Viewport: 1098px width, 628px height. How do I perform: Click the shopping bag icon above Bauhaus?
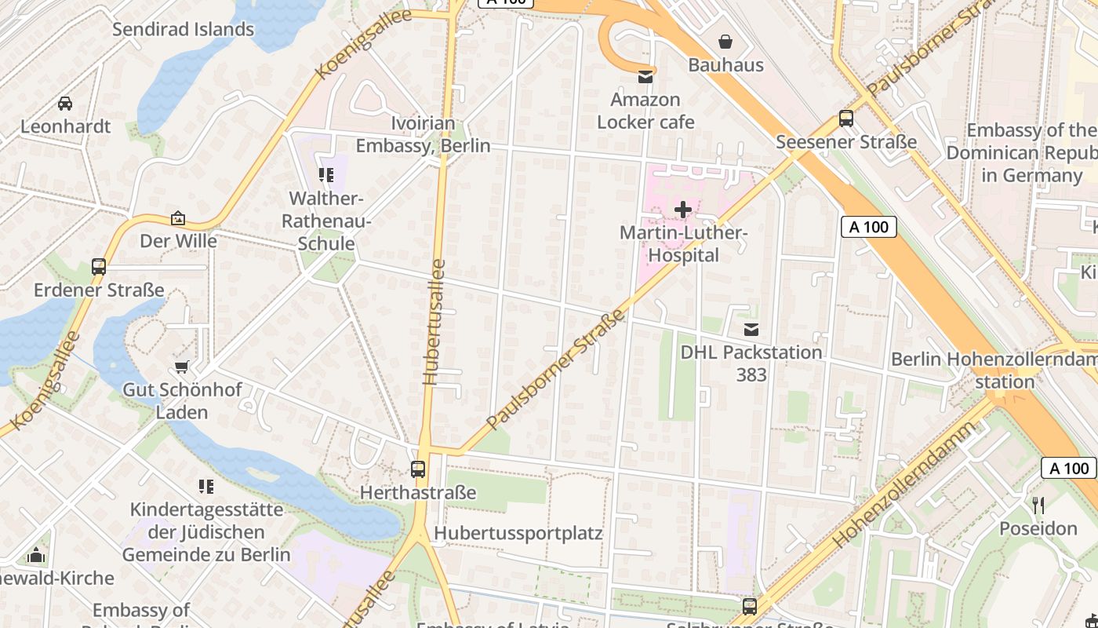pyautogui.click(x=725, y=41)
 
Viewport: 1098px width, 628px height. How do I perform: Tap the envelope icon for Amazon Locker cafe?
pyautogui.click(x=645, y=76)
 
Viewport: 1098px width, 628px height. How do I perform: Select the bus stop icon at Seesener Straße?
pyautogui.click(x=845, y=119)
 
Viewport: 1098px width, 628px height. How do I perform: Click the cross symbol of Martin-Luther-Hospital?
pyautogui.click(x=683, y=210)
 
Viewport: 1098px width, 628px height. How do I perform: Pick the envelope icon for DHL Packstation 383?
pyautogui.click(x=751, y=329)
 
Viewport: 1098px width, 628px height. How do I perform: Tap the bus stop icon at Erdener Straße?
pyautogui.click(x=99, y=266)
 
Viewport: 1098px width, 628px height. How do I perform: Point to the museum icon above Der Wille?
pyautogui.click(x=178, y=217)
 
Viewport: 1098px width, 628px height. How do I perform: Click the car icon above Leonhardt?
pyautogui.click(x=65, y=103)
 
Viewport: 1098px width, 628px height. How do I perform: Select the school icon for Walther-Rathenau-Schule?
pyautogui.click(x=326, y=175)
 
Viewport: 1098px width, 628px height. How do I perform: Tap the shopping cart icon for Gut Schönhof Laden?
pyautogui.click(x=182, y=367)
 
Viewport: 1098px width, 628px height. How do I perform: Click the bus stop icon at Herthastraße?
pyautogui.click(x=418, y=469)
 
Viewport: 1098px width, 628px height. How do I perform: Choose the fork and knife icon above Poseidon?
pyautogui.click(x=1038, y=505)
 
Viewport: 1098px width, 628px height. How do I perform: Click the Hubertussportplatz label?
pyautogui.click(x=518, y=534)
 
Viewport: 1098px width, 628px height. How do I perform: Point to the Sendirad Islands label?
pyautogui.click(x=183, y=30)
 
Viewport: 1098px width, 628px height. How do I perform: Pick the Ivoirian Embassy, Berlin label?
pyautogui.click(x=423, y=134)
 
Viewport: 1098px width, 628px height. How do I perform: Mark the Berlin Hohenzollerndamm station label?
pyautogui.click(x=994, y=371)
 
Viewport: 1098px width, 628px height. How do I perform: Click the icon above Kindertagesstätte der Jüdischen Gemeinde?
pyautogui.click(x=206, y=487)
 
